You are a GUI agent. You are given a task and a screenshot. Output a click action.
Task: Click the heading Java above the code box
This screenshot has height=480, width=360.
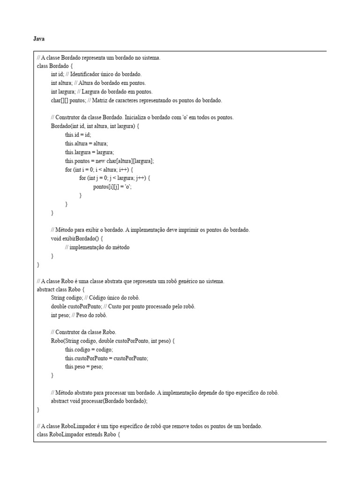point(39,39)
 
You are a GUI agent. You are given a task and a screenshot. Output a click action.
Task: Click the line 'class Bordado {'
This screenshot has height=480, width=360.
point(55,66)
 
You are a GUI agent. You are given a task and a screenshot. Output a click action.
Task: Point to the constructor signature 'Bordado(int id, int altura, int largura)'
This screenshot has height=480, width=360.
point(95,126)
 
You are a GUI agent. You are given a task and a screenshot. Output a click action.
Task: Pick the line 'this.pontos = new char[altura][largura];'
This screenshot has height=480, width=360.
point(109,161)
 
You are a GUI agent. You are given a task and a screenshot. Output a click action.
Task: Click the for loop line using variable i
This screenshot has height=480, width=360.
point(99,169)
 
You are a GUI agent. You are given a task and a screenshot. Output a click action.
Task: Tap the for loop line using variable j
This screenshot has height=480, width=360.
point(115,178)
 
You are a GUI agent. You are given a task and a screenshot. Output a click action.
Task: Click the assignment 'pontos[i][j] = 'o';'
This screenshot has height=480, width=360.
point(112,187)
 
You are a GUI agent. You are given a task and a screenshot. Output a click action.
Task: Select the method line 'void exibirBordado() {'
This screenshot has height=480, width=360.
point(76,239)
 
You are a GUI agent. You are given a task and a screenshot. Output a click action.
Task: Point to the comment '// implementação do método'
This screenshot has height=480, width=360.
point(97,247)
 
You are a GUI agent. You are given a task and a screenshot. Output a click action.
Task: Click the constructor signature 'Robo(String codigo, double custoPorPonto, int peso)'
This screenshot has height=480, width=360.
point(112,341)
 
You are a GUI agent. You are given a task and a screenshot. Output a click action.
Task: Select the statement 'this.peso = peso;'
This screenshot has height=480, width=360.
point(84,367)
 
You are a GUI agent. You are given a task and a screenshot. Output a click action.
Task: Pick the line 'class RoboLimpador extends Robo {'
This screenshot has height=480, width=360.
point(79,435)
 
